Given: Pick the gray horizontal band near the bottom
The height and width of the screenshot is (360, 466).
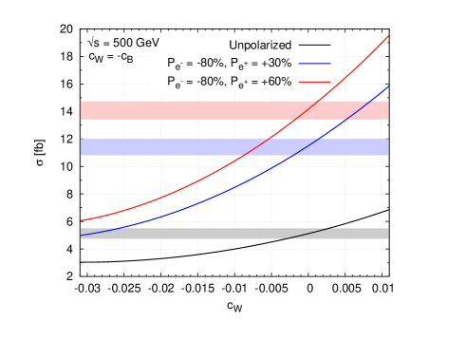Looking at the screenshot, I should point(190,234).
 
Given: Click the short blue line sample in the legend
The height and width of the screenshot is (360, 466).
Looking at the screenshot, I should point(314,63).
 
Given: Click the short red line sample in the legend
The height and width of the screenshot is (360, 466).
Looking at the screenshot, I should point(314,82).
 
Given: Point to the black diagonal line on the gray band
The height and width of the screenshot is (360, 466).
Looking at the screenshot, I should point(313,232).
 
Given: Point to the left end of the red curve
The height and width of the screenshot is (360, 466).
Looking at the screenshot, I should point(82,220).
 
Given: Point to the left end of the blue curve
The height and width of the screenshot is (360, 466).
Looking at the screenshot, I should point(82,235).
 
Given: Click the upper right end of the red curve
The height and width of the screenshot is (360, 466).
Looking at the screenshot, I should point(388,36).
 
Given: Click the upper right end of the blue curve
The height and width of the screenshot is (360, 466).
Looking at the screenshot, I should point(388,86).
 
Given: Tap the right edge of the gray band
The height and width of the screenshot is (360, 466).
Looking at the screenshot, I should point(387,234).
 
